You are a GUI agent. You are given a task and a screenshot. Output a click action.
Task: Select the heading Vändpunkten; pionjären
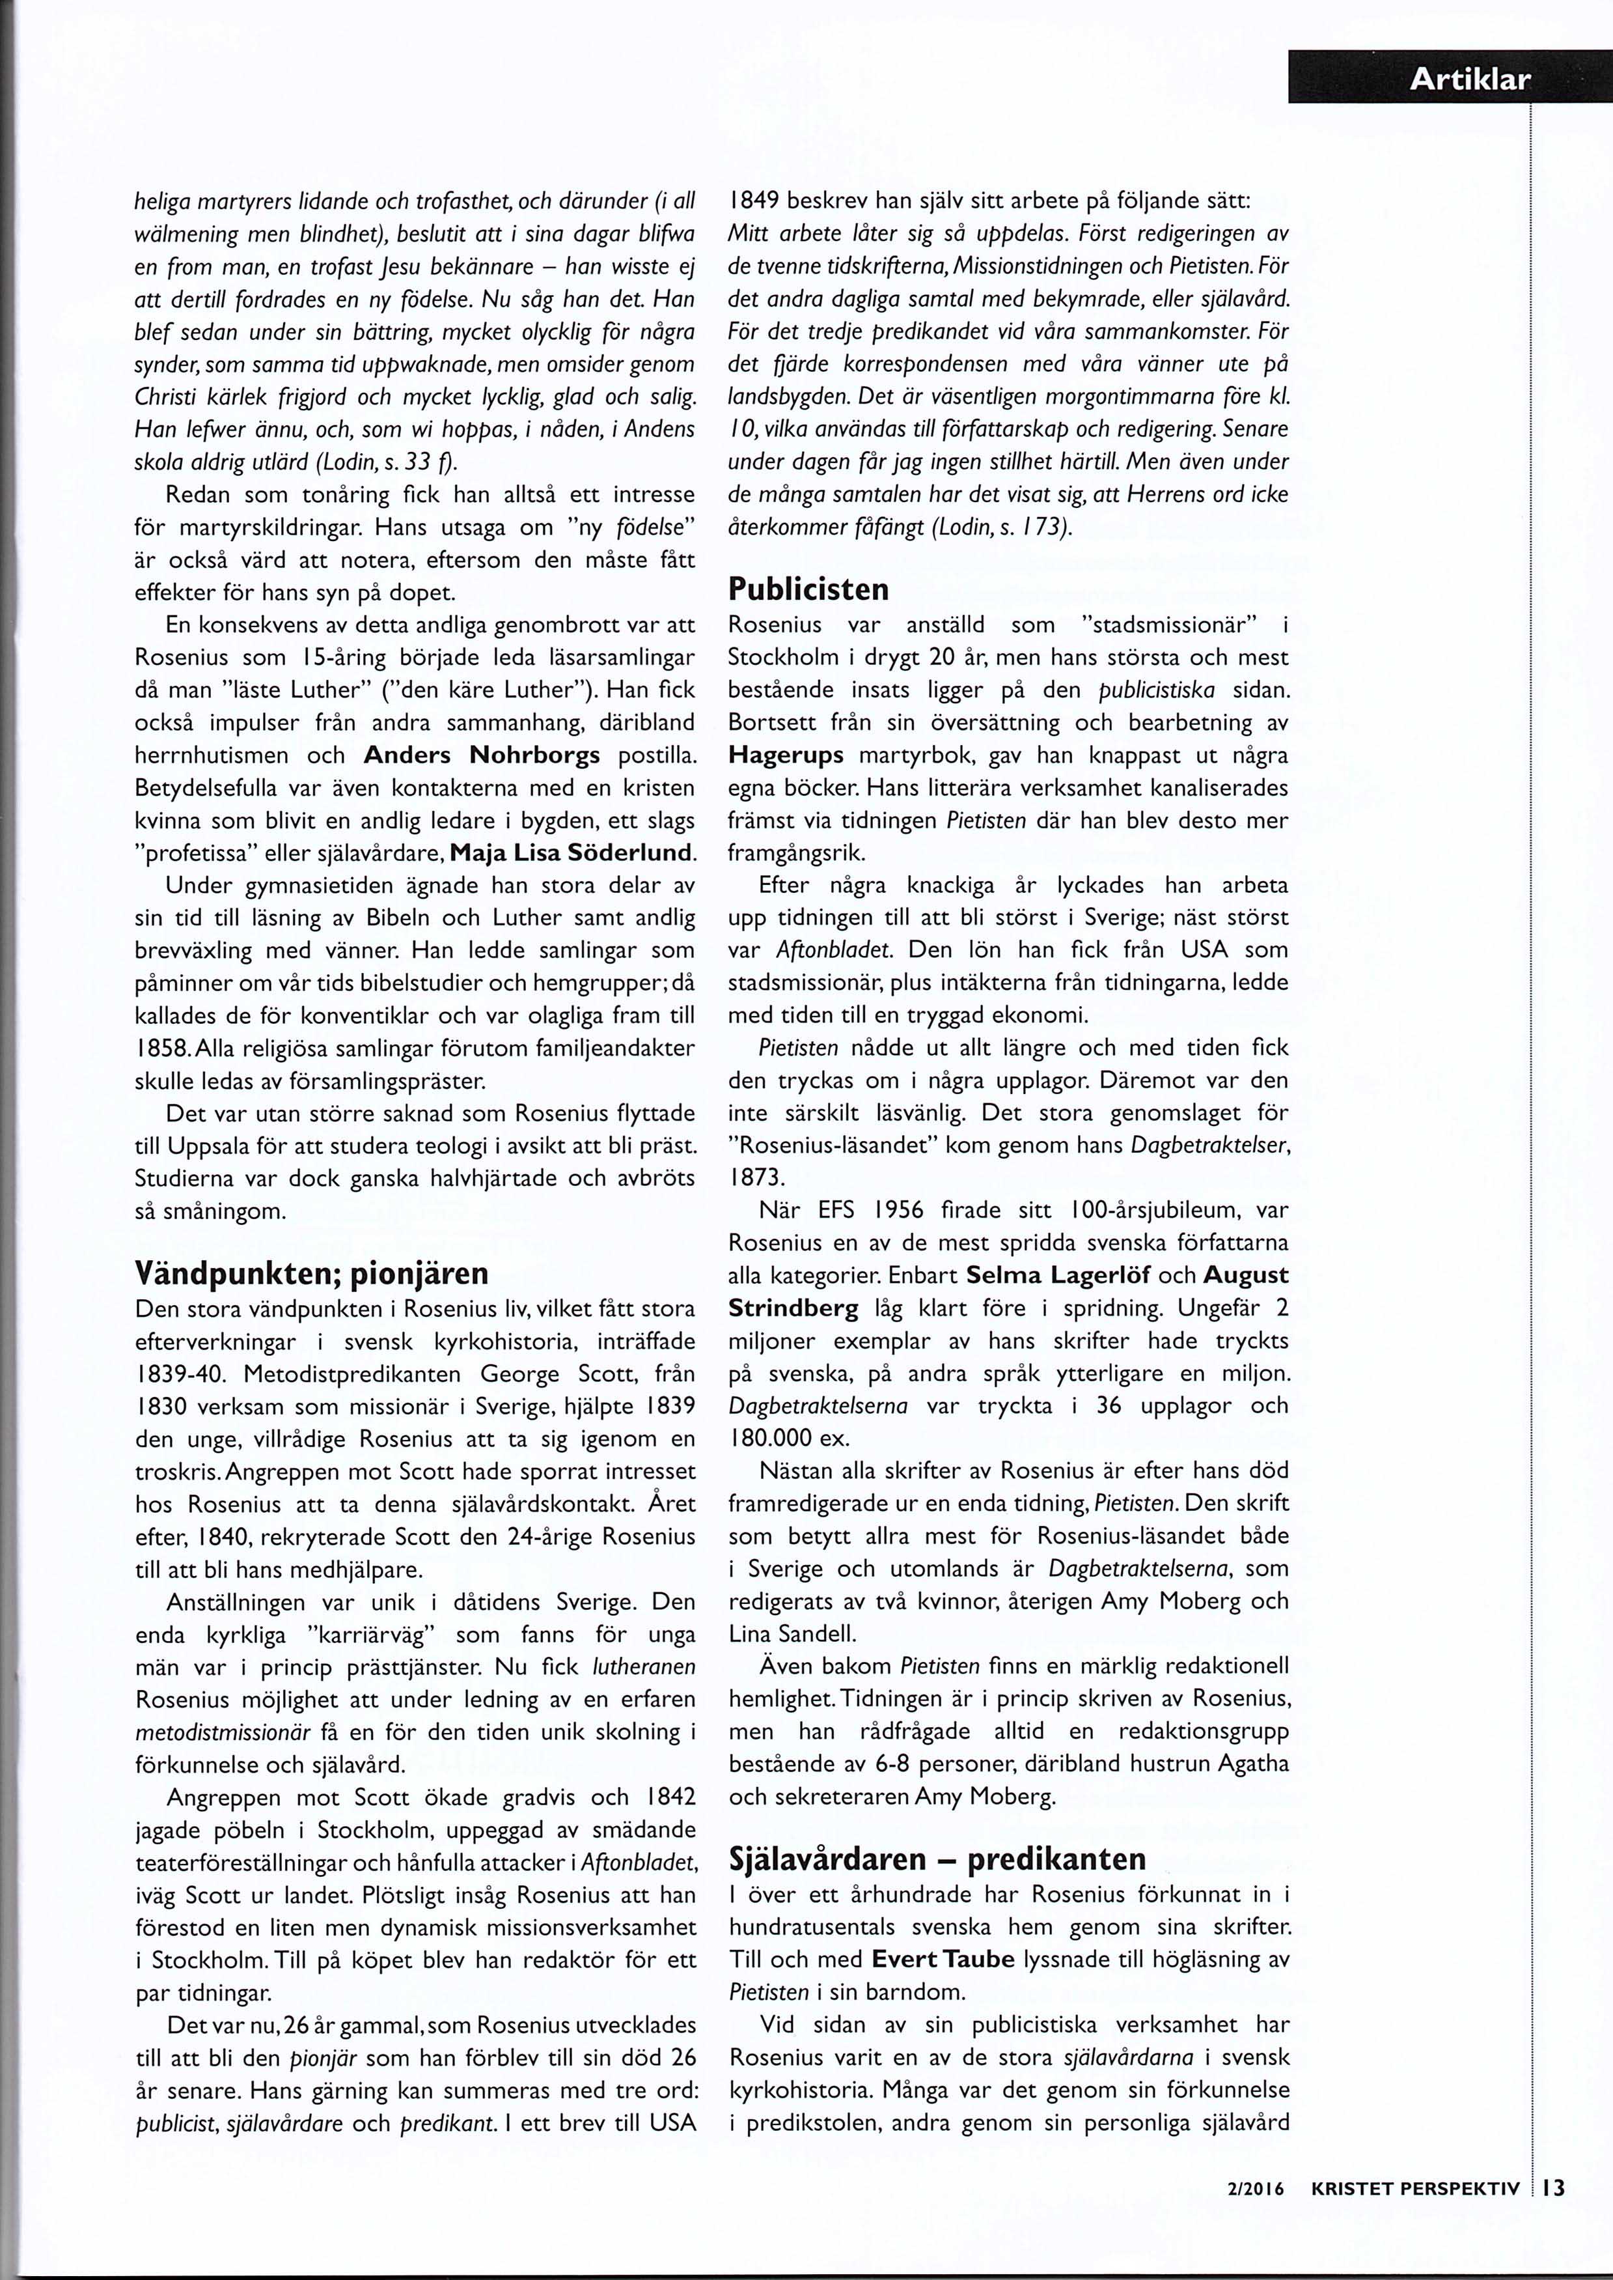pos(311,1273)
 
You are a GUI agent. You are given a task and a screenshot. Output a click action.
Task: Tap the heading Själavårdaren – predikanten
pos(937,1858)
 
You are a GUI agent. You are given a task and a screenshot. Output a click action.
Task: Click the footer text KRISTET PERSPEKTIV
pos(1415,2216)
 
